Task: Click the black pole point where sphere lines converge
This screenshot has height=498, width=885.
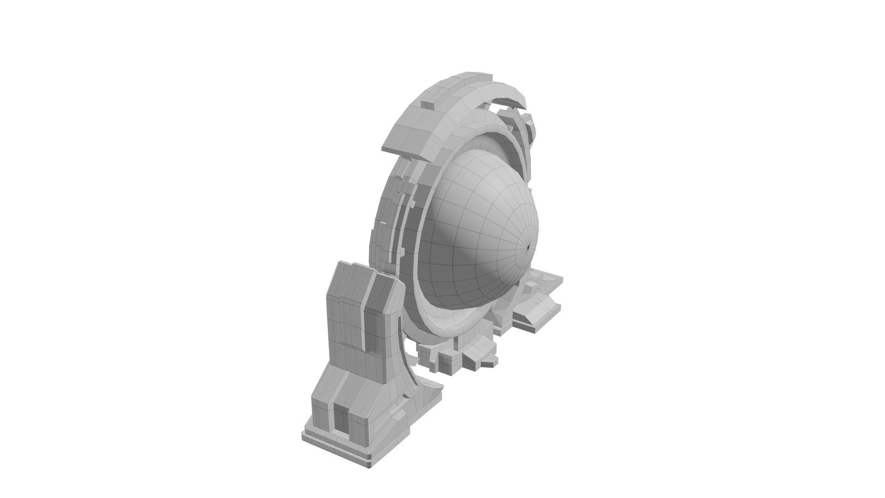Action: [528, 247]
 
